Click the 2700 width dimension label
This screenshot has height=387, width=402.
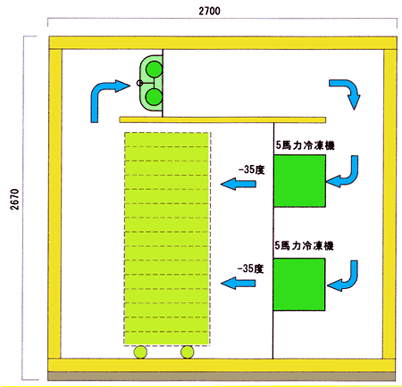(x=209, y=11)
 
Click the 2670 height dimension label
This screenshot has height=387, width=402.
(x=14, y=200)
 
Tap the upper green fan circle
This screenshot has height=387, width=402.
(x=154, y=70)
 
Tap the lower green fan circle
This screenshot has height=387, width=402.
(x=154, y=97)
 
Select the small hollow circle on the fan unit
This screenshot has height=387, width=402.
(x=139, y=83)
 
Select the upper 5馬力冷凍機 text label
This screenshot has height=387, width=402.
(x=306, y=145)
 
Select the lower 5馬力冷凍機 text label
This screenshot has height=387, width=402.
(x=304, y=246)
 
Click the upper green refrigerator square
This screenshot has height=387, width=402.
(x=299, y=181)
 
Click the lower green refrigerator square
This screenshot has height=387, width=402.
(x=299, y=284)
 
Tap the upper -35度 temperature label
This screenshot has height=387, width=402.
(x=251, y=169)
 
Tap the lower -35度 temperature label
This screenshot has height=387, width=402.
(x=250, y=268)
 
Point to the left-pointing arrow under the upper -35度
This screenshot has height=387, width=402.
(x=239, y=184)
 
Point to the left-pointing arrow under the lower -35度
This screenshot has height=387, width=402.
(x=238, y=284)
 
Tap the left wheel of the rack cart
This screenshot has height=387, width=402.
(x=140, y=352)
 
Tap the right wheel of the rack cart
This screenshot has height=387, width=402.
(x=187, y=352)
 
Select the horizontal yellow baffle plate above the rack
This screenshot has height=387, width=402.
(x=222, y=119)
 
